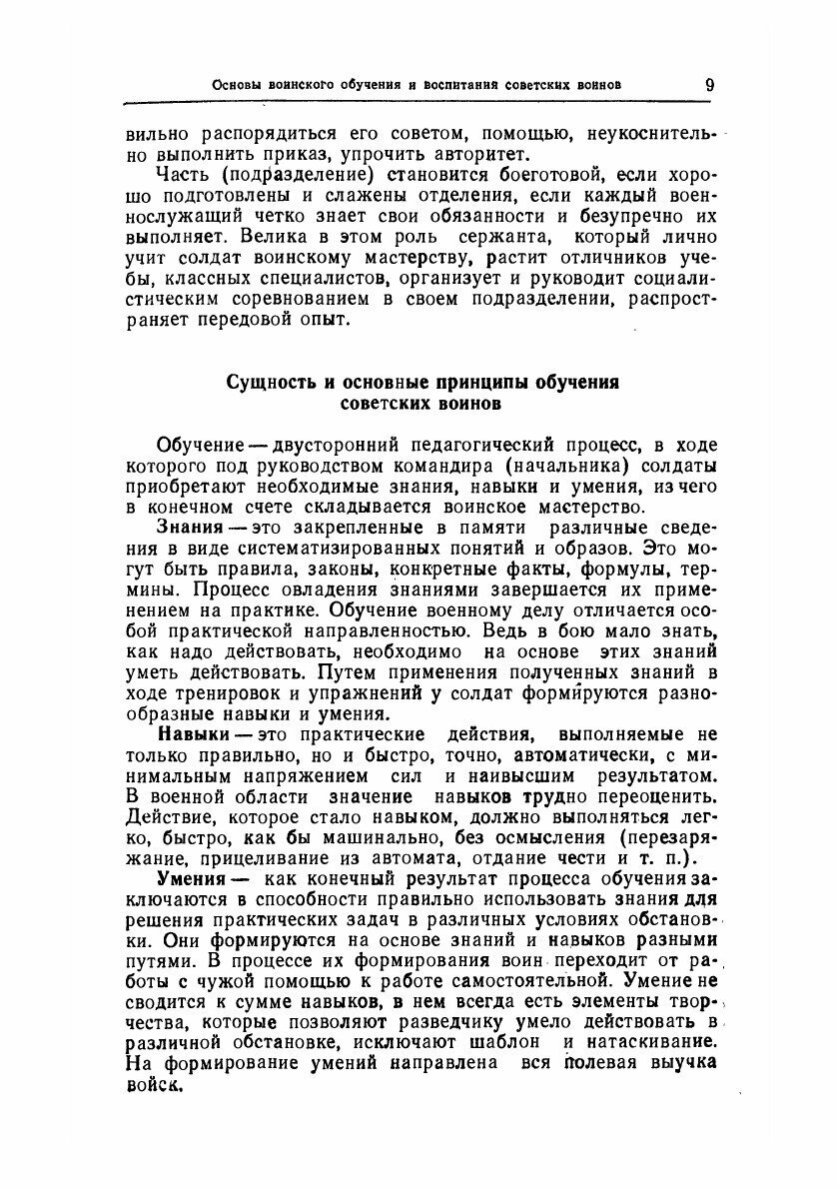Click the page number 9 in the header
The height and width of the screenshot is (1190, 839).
(708, 84)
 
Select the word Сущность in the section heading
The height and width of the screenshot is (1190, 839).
(266, 383)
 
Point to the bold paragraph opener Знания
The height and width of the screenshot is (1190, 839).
(189, 527)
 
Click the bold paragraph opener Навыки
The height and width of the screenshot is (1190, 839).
(191, 734)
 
